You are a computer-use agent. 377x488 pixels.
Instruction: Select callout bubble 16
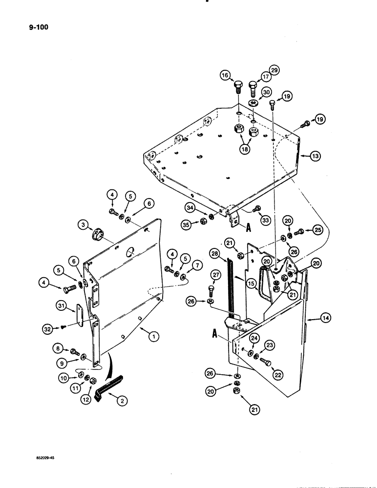click(x=225, y=76)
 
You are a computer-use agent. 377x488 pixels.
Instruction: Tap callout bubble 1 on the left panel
click(x=154, y=336)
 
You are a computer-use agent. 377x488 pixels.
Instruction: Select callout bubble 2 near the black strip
click(x=118, y=401)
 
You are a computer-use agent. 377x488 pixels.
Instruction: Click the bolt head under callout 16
click(x=238, y=88)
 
